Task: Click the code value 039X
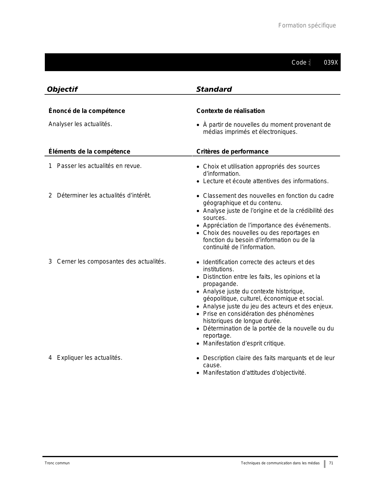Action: click(x=331, y=63)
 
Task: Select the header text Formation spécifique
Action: click(x=307, y=26)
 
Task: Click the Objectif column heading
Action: click(x=62, y=89)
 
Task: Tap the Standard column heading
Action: click(x=214, y=89)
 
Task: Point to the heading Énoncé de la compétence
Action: click(x=87, y=111)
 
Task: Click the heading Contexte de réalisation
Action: click(x=230, y=111)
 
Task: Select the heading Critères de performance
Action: click(x=232, y=151)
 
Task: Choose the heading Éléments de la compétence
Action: click(x=89, y=151)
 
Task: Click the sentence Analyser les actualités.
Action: click(x=80, y=124)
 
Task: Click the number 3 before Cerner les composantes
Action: click(x=50, y=262)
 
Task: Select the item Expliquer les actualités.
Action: click(x=90, y=358)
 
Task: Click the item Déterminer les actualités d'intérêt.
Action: click(x=104, y=196)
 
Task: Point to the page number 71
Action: click(x=331, y=463)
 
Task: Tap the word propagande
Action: click(x=216, y=284)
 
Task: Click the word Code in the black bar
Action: click(x=299, y=63)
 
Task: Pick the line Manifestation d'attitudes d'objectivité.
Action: click(x=255, y=373)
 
